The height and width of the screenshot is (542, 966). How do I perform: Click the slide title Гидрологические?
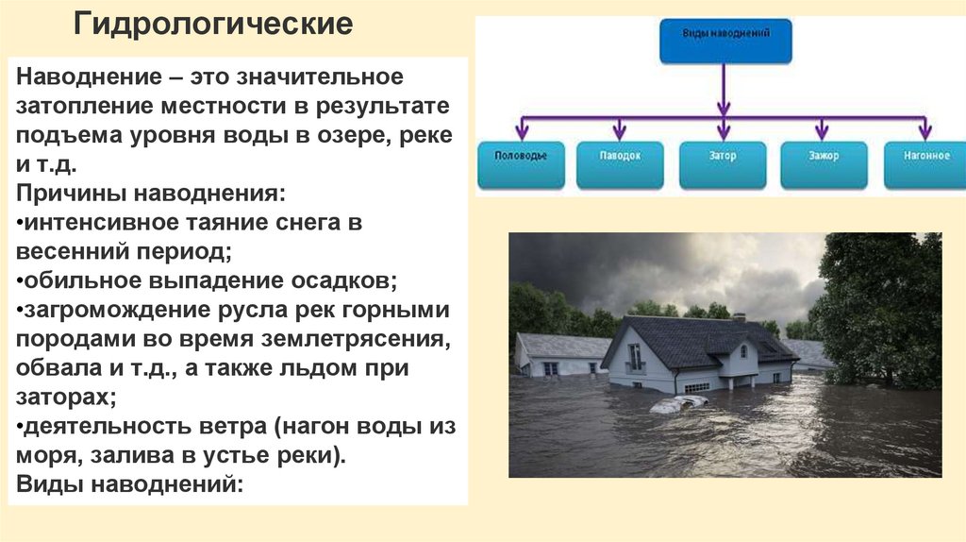(214, 25)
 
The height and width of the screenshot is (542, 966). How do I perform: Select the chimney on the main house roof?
(739, 318)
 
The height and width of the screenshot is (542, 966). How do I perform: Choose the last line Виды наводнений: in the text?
(130, 485)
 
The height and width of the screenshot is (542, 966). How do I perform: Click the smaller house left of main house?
(559, 355)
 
